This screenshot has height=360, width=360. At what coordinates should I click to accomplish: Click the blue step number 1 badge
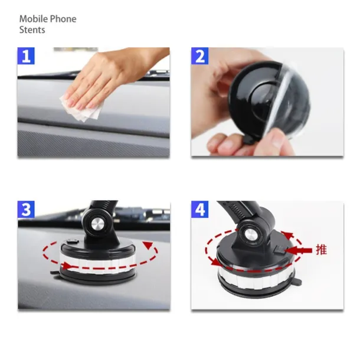[x=26, y=56]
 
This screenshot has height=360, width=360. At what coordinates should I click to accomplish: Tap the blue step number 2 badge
[x=200, y=56]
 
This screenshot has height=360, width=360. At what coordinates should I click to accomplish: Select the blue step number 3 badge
[x=26, y=210]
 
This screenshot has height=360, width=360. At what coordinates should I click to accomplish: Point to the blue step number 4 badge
[x=200, y=210]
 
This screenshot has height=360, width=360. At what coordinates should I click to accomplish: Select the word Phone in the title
[x=63, y=19]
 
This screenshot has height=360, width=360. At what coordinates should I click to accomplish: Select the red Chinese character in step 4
[x=321, y=250]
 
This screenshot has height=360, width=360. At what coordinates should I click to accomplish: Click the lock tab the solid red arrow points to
[x=281, y=250]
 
